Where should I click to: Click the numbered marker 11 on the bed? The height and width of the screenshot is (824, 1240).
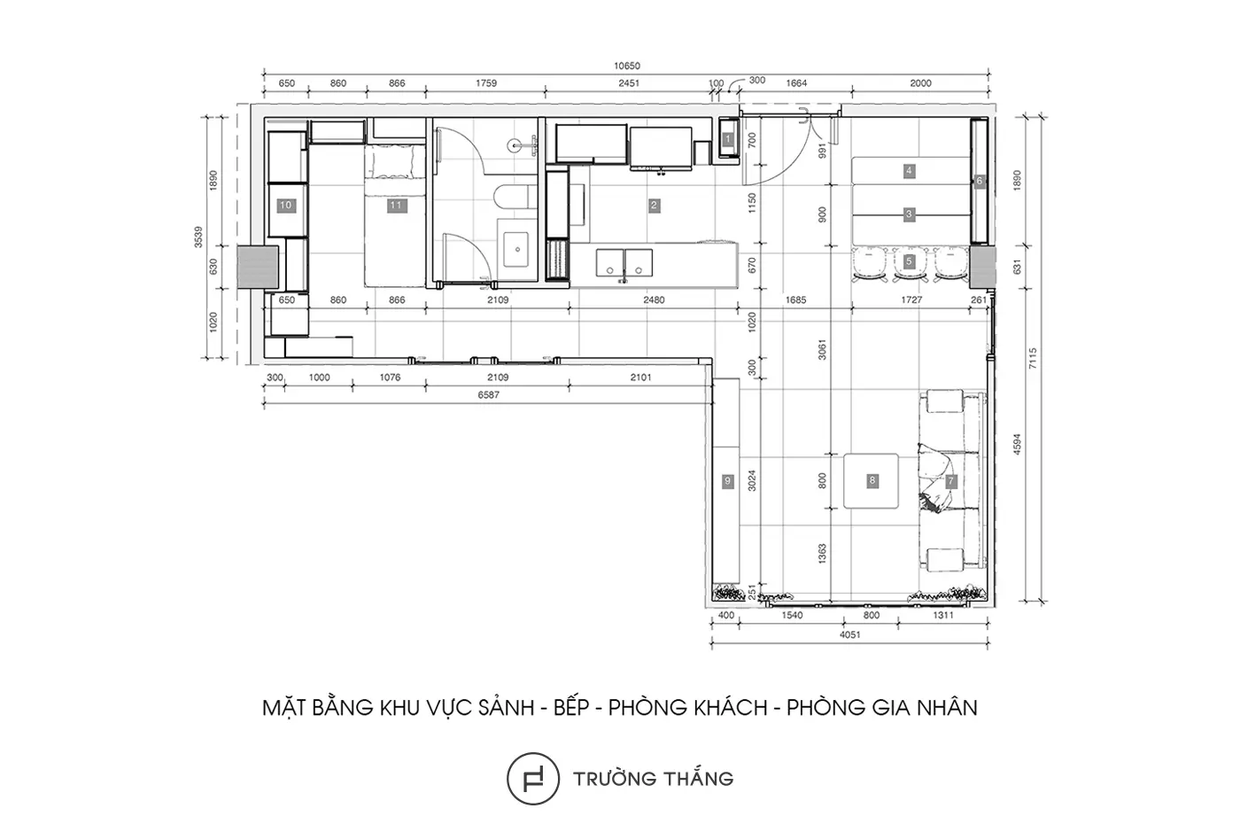click(x=396, y=206)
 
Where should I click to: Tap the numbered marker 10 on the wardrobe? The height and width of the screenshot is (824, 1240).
click(x=285, y=206)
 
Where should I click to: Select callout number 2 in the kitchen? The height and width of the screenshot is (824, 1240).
click(x=654, y=206)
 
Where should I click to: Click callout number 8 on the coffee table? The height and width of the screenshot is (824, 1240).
click(x=872, y=480)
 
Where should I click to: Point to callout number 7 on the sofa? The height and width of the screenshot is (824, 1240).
click(x=950, y=480)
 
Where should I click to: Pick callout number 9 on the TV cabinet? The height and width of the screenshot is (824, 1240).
click(x=728, y=481)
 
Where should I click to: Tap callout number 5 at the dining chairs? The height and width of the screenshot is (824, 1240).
click(x=909, y=260)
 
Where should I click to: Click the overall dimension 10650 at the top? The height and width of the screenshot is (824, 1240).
click(x=627, y=66)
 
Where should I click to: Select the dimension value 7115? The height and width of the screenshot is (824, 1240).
click(x=1033, y=358)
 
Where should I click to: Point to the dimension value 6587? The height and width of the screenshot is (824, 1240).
click(x=488, y=395)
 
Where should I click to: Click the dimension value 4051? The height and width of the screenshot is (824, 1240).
click(x=849, y=634)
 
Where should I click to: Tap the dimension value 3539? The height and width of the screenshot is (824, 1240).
click(x=198, y=237)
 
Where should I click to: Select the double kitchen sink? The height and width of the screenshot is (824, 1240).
click(x=624, y=263)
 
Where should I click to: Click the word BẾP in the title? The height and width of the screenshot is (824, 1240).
click(x=571, y=708)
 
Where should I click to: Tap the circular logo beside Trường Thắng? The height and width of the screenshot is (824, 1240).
click(x=532, y=778)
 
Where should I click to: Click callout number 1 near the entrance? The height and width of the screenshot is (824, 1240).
click(x=728, y=139)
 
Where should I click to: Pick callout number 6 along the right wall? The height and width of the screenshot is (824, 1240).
click(x=979, y=181)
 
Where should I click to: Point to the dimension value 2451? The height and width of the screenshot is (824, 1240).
click(x=629, y=83)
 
